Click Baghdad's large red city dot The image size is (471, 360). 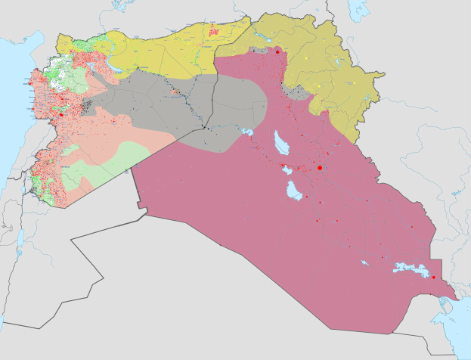click(x=320, y=167)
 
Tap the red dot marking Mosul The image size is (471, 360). click(x=277, y=51)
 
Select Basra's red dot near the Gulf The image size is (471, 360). click(x=433, y=277)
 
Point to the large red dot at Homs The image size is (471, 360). click(x=60, y=116)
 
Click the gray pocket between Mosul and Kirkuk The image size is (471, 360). click(x=298, y=94)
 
